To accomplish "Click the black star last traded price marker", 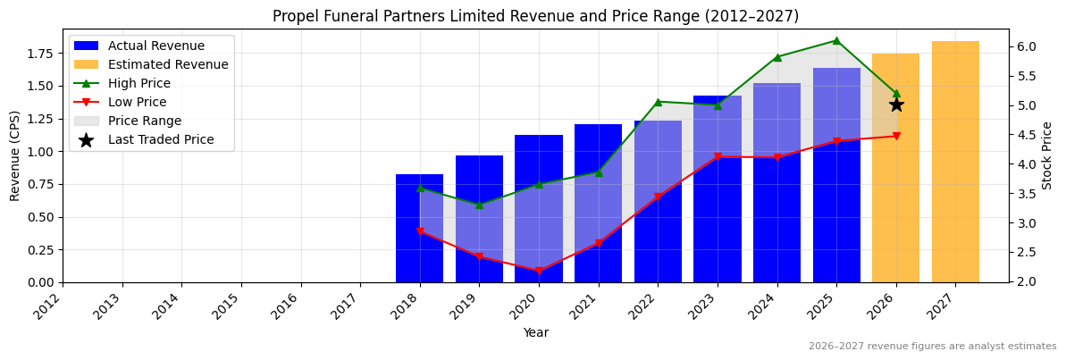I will [x=895, y=105].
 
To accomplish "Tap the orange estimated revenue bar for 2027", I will [x=955, y=162].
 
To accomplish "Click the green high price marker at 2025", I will [x=836, y=40].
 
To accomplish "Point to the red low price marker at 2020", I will [x=538, y=271].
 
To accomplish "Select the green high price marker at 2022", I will [x=658, y=102].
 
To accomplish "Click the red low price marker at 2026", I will [x=895, y=136].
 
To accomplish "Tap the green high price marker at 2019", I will [x=479, y=205].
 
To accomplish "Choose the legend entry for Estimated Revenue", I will [x=168, y=64].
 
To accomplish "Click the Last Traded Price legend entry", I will [x=161, y=139].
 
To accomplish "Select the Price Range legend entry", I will [x=145, y=121].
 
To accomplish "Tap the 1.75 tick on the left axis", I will [x=41, y=54].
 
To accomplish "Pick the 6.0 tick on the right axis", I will [x=1026, y=46].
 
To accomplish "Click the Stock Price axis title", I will [x=1047, y=155].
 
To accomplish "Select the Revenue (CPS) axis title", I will [x=15, y=155].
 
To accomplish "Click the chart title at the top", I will [x=535, y=16].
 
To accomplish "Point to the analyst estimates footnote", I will [x=932, y=347].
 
